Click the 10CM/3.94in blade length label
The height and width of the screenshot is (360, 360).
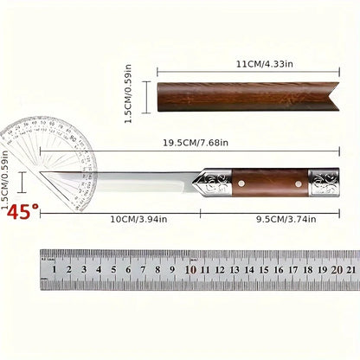(132, 220)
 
